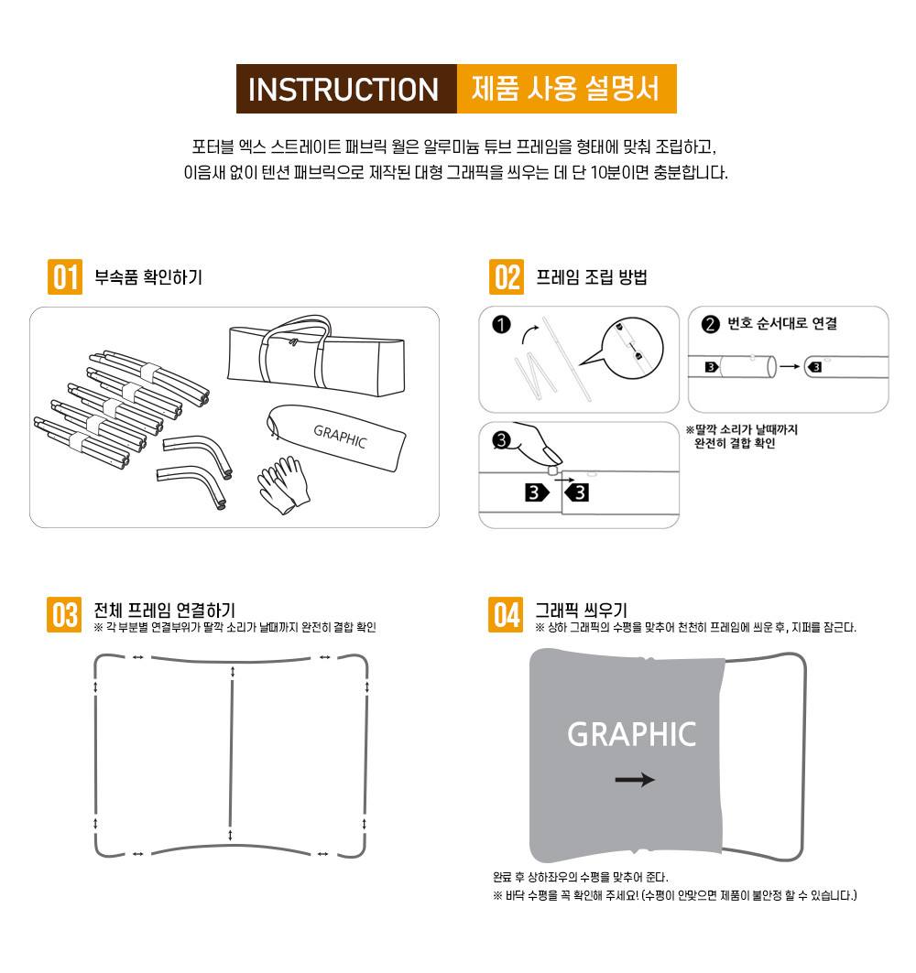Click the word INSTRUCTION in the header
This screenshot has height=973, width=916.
343,90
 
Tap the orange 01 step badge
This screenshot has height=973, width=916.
65,276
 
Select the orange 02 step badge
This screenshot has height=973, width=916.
507,276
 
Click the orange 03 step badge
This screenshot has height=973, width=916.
64,615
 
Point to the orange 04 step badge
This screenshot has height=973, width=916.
506,615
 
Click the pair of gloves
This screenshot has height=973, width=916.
284,485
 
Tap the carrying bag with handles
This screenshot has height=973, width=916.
317,356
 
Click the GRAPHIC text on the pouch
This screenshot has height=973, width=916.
340,437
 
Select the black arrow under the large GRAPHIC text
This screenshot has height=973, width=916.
635,780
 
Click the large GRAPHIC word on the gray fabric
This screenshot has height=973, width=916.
631,735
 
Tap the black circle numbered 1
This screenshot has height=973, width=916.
501,325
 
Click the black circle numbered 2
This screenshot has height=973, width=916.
711,325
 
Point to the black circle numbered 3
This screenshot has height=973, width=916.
501,440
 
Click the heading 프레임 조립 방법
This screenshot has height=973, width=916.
591,276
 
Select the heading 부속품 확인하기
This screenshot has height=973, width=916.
148,276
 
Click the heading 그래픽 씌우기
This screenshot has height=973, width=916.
582,610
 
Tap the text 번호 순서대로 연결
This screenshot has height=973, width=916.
782,323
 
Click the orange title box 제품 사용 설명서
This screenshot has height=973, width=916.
566,89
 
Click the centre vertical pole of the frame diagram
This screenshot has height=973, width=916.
231,754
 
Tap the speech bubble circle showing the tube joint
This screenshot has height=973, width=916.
632,348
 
